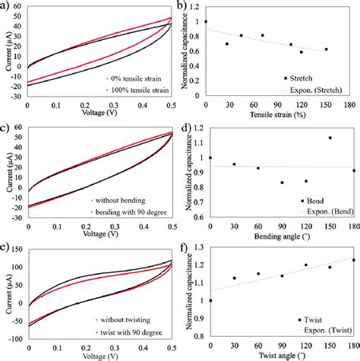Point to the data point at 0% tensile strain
206,21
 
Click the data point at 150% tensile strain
327,49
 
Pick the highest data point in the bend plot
330,138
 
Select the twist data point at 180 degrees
353,260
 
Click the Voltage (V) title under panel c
97,235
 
